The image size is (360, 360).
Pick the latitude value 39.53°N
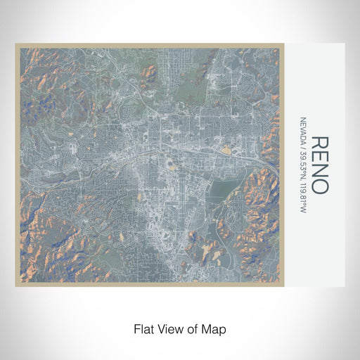tap(302, 161)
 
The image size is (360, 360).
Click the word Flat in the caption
tap(143, 328)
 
